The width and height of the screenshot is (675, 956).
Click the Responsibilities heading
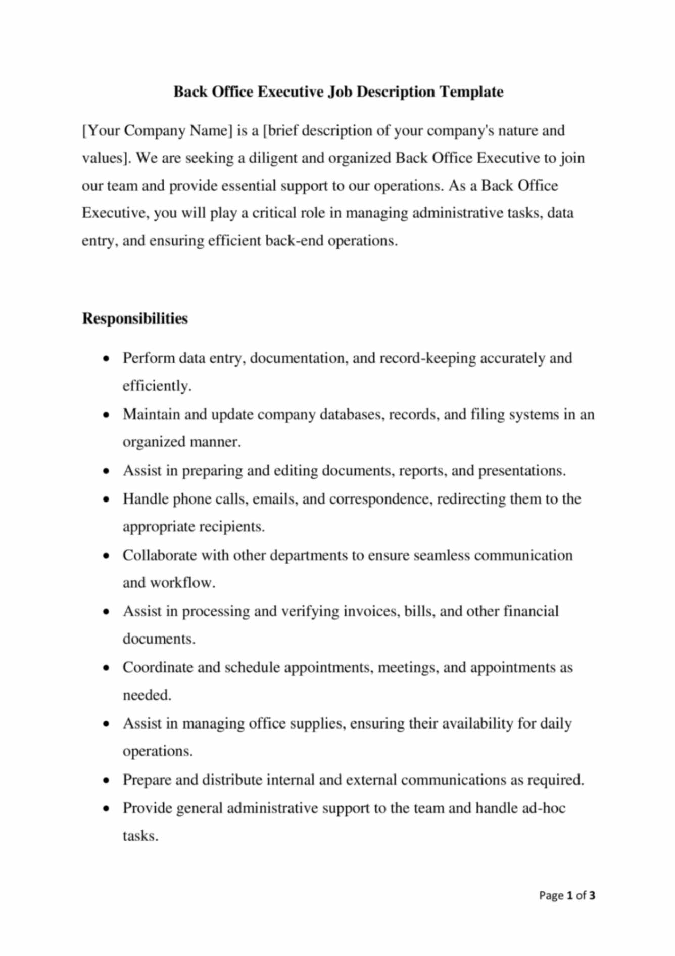click(135, 318)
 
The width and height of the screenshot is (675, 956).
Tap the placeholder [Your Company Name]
click(157, 131)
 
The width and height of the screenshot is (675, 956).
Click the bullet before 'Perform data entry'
click(106, 359)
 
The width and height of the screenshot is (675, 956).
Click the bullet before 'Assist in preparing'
click(106, 471)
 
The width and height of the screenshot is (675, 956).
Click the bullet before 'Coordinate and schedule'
click(106, 668)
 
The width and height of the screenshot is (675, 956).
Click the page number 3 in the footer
click(592, 896)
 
